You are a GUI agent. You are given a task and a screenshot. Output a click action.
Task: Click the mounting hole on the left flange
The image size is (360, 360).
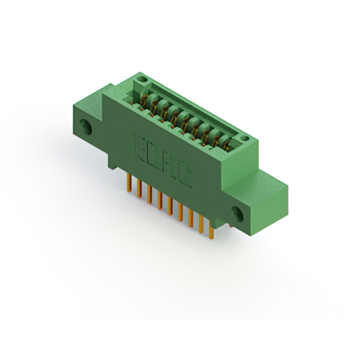(x=86, y=127)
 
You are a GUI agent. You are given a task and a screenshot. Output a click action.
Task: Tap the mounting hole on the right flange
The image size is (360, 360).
(x=236, y=213)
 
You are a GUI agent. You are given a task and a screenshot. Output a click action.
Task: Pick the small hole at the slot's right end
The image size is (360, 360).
(x=243, y=138)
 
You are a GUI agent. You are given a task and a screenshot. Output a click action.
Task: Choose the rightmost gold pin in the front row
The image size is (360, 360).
(x=211, y=231)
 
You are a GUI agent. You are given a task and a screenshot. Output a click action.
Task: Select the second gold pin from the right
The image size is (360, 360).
(x=201, y=224)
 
